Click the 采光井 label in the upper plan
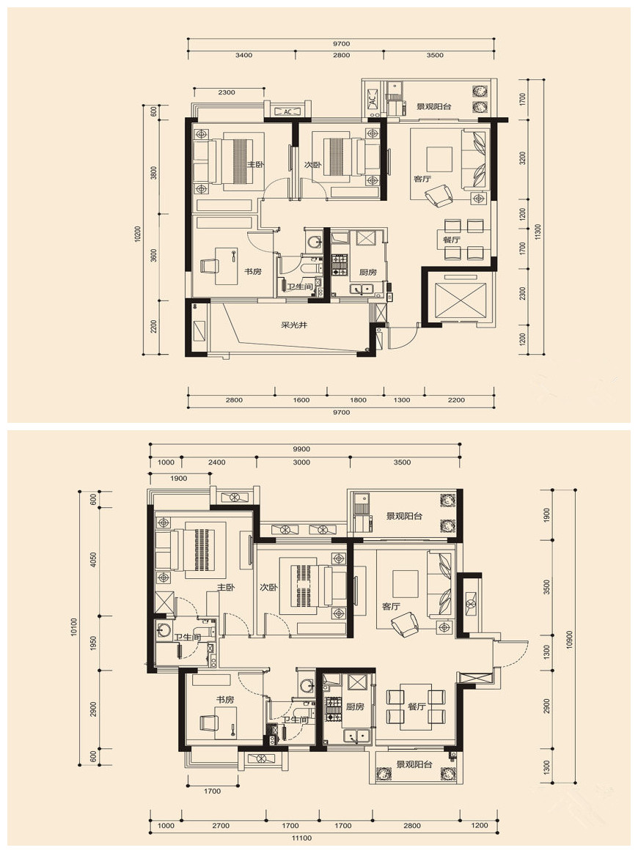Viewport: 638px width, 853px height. tap(294, 325)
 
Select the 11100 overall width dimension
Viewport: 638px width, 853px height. tap(301, 838)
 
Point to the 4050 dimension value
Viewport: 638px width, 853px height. tap(93, 560)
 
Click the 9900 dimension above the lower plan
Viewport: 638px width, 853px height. tap(301, 448)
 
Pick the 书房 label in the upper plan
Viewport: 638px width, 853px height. tap(252, 271)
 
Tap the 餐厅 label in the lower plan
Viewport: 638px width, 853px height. tap(417, 706)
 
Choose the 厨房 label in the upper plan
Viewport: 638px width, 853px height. tap(368, 272)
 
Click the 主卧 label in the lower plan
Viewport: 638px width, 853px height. tap(226, 588)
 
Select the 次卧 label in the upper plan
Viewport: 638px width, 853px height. tap(313, 165)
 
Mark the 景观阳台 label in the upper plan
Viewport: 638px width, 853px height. tap(434, 107)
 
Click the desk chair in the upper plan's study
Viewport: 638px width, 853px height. tap(210, 266)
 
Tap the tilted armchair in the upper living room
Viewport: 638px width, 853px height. tap(439, 196)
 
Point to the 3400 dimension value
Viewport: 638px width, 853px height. tap(244, 55)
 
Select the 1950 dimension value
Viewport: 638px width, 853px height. tap(93, 643)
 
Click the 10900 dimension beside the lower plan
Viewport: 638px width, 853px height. tap(569, 640)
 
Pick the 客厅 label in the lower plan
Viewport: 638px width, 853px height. tap(391, 606)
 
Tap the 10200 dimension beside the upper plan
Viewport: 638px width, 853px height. tap(138, 234)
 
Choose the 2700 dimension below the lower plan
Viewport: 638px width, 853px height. tap(221, 825)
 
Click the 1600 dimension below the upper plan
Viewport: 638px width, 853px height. tap(301, 400)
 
